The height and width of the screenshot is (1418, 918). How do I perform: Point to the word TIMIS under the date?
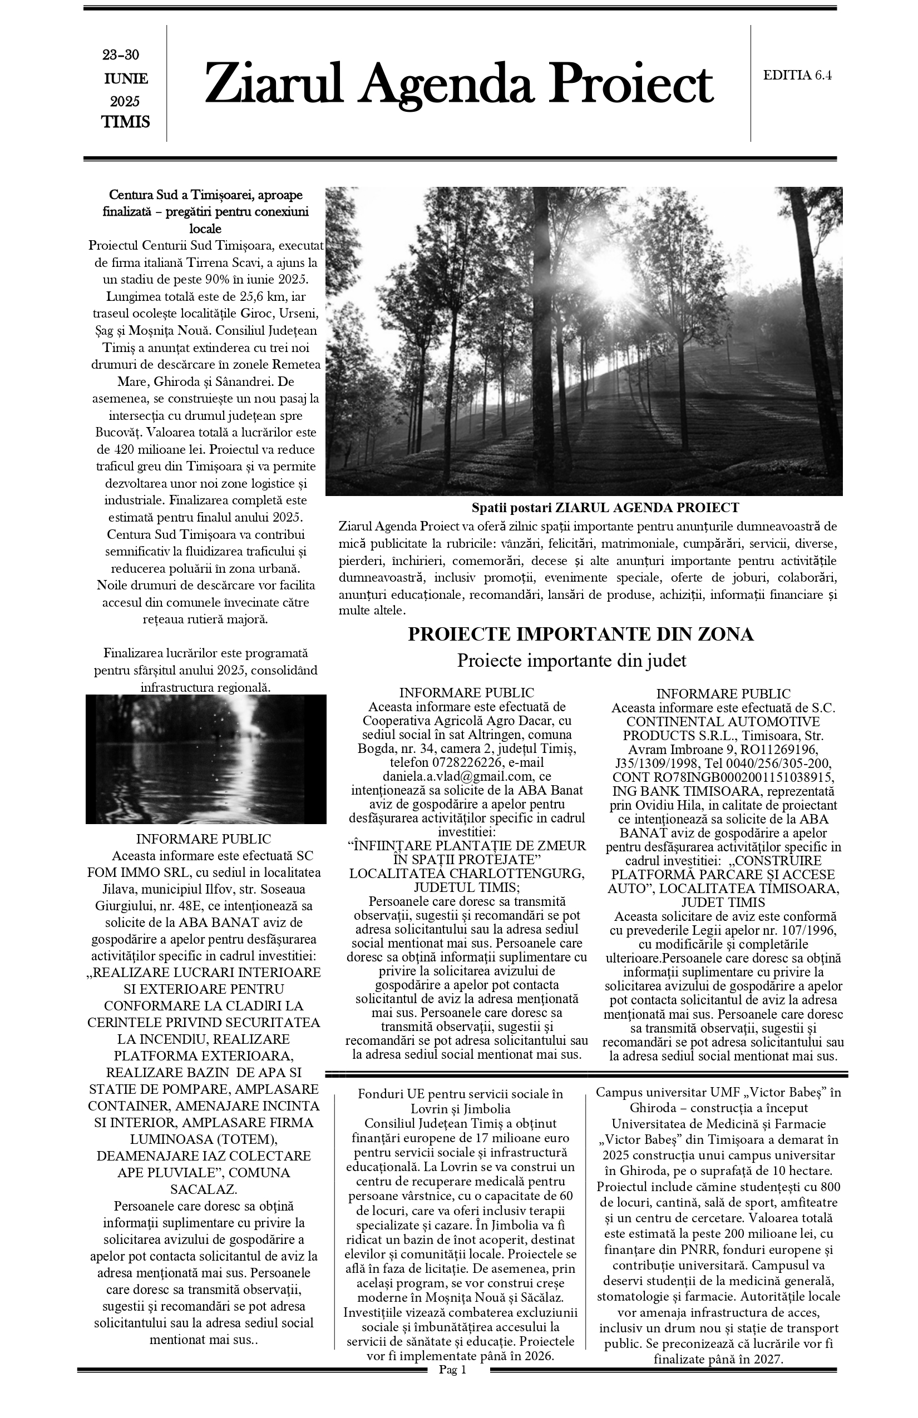click(x=125, y=122)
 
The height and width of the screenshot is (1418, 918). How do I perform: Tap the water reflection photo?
click(x=206, y=759)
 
